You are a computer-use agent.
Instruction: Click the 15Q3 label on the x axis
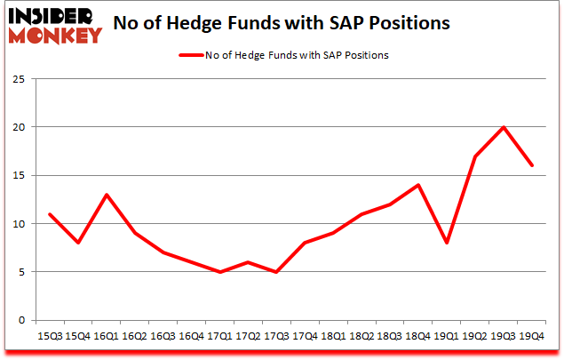49,337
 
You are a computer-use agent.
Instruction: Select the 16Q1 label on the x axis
107,337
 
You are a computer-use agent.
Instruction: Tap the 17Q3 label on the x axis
277,337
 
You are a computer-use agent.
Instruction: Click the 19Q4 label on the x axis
534,337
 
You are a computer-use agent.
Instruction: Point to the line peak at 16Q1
107,195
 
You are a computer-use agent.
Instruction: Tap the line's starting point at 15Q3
49,214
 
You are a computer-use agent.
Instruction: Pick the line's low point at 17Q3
277,272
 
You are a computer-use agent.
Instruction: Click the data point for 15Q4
78,243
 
